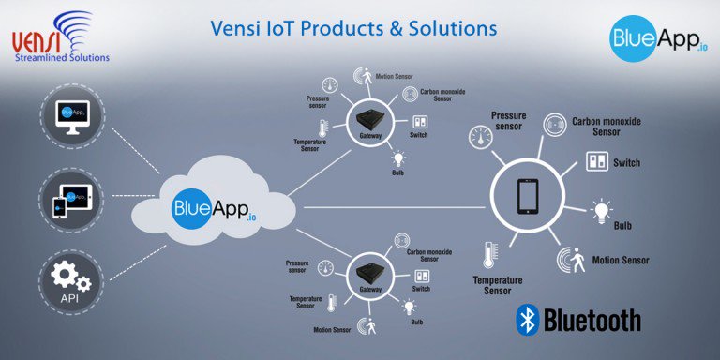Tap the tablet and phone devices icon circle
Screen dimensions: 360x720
71,199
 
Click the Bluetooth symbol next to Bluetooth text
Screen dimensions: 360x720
527,320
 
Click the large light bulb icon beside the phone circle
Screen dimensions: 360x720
599,211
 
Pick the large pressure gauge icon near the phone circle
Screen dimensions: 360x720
482,141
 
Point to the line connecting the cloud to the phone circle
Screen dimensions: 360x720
394,201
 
